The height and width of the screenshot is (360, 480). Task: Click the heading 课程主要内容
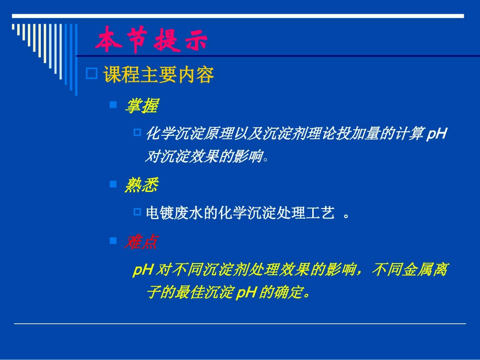pyautogui.click(x=159, y=75)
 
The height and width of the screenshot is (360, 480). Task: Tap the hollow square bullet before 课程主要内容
pyautogui.click(x=91, y=74)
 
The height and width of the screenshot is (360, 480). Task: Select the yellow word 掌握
pyautogui.click(x=141, y=106)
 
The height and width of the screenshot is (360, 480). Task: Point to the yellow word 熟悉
pyautogui.click(x=141, y=186)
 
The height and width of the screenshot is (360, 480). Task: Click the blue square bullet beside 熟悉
pyautogui.click(x=113, y=185)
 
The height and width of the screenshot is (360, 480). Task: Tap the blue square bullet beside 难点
pyautogui.click(x=113, y=241)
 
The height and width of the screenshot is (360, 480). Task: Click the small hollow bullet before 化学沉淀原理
pyautogui.click(x=137, y=132)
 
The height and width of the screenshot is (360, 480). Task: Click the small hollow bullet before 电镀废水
pyautogui.click(x=137, y=212)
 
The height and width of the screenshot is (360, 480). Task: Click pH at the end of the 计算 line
pyautogui.click(x=437, y=134)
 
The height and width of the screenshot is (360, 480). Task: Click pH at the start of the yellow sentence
pyautogui.click(x=142, y=270)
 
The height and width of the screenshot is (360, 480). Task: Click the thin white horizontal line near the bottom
pyautogui.click(x=239, y=323)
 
